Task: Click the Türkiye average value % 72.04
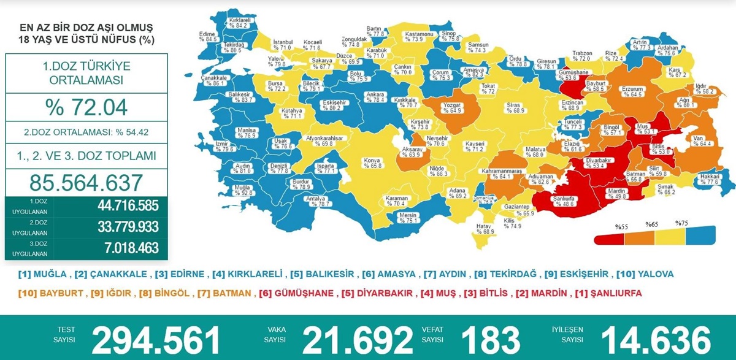click(86, 107)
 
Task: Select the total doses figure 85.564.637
click(86, 182)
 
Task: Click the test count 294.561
click(156, 339)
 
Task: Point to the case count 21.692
click(358, 339)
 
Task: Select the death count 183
click(491, 339)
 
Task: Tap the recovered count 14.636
click(656, 339)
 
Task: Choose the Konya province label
click(373, 163)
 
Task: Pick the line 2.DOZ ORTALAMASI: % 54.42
click(86, 131)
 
